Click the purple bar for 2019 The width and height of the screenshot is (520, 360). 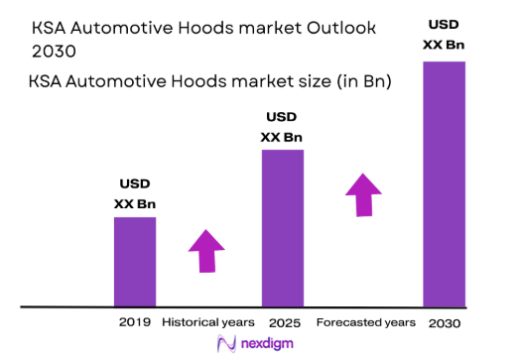tap(135, 261)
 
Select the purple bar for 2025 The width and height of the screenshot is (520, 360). tap(282, 228)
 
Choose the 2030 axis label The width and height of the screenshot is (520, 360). tap(444, 323)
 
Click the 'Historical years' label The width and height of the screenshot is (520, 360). tap(206, 322)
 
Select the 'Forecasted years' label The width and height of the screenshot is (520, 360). tap(365, 322)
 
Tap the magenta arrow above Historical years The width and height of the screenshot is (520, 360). tap(206, 249)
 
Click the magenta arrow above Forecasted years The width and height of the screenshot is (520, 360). tap(364, 193)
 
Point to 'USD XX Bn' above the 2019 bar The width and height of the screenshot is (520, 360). tap(135, 193)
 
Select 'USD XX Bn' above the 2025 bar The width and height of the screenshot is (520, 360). tap(282, 127)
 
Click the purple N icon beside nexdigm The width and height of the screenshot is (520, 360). tap(224, 343)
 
